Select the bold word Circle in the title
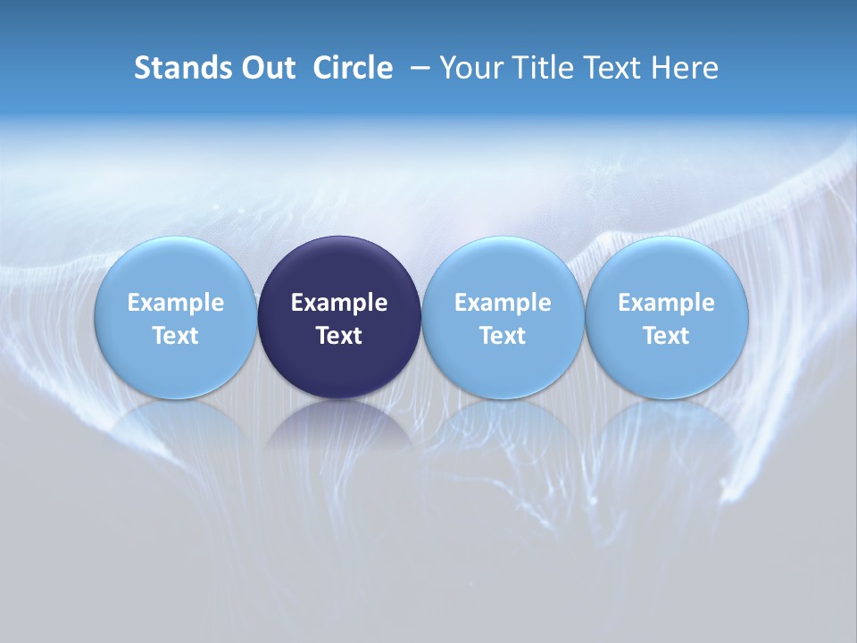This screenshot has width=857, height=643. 353,68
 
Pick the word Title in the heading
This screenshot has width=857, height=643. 539,68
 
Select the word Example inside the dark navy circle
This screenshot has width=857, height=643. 339,303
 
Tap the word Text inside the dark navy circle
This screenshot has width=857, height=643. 339,336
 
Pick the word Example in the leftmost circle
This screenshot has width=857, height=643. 175,303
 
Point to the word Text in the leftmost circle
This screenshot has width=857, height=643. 175,336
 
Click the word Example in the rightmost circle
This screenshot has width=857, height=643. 666,303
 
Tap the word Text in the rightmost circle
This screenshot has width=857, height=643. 666,336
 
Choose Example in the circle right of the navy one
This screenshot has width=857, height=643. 503,303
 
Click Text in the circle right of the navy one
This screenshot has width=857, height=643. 503,336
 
